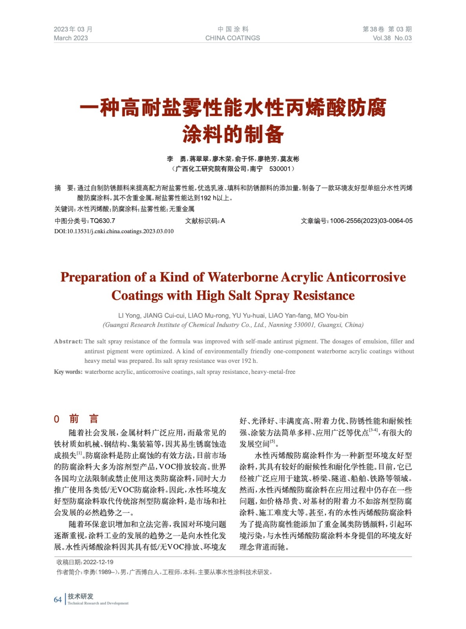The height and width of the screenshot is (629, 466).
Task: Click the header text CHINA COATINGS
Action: coord(232,38)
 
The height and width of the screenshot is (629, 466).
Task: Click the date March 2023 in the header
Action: coord(71,38)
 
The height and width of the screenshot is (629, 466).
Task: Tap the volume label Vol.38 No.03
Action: coord(392,38)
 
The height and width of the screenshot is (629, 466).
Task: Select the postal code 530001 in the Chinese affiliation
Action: coord(280,169)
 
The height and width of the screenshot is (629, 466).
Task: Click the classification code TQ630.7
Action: coord(102,221)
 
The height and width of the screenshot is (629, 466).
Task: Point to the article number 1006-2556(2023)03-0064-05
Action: coord(371,221)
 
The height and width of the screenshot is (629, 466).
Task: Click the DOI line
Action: coord(114,231)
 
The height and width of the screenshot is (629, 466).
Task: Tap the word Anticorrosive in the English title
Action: coord(366,277)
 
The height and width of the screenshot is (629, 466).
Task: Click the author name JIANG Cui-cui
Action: coord(164,316)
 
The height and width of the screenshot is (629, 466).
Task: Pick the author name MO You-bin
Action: coord(331,316)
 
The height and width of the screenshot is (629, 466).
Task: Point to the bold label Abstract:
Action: coord(68,342)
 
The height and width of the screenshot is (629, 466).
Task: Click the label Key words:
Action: coord(68,372)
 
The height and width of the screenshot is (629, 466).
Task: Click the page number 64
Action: coord(58,600)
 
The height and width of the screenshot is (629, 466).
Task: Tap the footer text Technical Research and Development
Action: coord(98,603)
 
